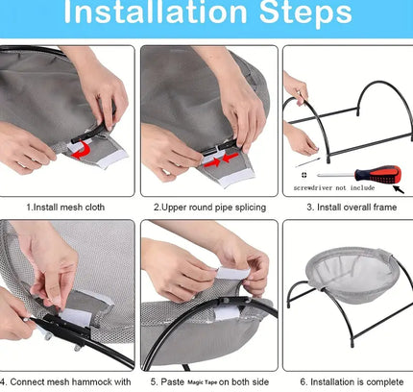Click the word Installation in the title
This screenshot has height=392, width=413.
tap(156, 12)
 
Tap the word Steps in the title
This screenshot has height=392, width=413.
tap(305, 12)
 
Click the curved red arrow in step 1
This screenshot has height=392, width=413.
tap(82, 149)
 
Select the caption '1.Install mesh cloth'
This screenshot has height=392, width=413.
tap(65, 208)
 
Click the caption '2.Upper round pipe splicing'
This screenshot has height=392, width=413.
tap(209, 208)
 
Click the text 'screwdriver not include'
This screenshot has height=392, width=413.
tap(334, 187)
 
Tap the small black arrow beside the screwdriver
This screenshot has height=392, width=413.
tap(399, 189)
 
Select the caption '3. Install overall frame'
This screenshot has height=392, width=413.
tap(352, 208)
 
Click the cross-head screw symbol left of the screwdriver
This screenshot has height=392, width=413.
tap(304, 175)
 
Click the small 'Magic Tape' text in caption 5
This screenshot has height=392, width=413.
tap(202, 382)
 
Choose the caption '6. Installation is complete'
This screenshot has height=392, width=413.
tap(352, 382)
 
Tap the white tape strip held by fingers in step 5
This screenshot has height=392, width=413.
tap(233, 273)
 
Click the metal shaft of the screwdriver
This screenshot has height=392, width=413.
tap(335, 175)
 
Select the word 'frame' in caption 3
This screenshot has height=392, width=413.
tap(385, 208)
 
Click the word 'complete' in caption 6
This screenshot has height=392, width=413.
tap(385, 382)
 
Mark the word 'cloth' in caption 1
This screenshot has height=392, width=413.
tap(95, 208)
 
